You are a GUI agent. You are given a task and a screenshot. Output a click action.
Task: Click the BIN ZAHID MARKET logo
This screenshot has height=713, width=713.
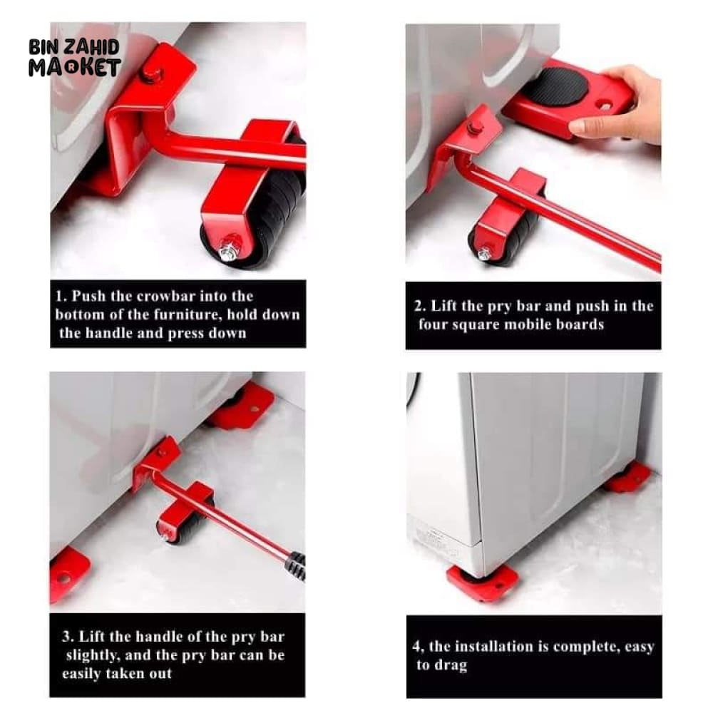[x=75, y=57]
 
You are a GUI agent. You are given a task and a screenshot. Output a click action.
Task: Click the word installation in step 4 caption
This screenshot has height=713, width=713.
[x=501, y=646]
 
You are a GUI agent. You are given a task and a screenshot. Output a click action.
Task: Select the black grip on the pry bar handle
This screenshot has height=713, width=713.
[x=296, y=565]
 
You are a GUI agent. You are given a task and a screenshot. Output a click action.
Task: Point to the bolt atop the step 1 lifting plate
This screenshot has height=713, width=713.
[x=152, y=73]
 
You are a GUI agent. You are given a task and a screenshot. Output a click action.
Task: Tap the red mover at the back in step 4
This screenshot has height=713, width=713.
[x=628, y=478]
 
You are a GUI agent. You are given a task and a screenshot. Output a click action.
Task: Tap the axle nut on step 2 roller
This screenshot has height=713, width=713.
[x=485, y=253]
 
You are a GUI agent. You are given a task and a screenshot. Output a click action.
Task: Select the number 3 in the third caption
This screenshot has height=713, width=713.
[x=67, y=637]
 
